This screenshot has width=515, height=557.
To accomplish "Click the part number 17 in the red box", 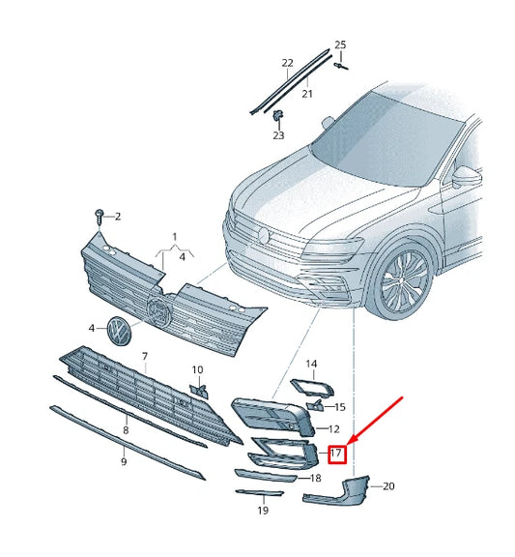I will click(x=337, y=453).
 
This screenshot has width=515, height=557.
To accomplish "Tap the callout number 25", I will click(x=339, y=45).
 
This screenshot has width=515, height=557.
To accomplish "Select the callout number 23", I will click(x=278, y=135).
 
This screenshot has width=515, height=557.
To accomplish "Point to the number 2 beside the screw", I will click(x=118, y=216).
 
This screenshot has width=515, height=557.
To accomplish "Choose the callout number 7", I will click(x=145, y=357).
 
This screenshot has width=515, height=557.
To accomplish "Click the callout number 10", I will click(x=197, y=369).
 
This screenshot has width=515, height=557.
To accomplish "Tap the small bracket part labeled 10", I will click(x=199, y=390).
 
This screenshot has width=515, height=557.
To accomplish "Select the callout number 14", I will click(x=311, y=364).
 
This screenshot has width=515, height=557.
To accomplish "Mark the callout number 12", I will click(x=333, y=428).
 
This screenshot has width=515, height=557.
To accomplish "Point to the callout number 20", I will click(x=389, y=485).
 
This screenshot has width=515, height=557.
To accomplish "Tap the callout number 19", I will click(x=262, y=511).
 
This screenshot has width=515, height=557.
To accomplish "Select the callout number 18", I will click(x=315, y=479).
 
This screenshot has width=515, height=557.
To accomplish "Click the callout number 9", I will click(x=124, y=461).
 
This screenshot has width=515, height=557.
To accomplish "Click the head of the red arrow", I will click(x=350, y=441).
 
